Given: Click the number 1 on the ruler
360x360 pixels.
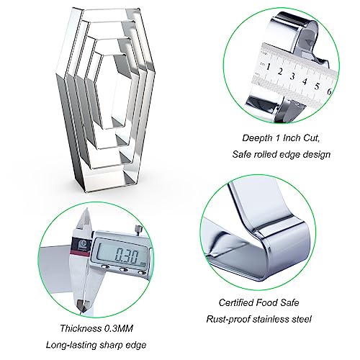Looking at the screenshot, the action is pyautogui.click(x=269, y=66).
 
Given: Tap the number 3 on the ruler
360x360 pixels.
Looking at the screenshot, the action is pyautogui.click(x=292, y=76).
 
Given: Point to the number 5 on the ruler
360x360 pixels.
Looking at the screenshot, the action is pyautogui.click(x=317, y=86).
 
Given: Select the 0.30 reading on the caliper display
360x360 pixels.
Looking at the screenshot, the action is pyautogui.click(x=127, y=256).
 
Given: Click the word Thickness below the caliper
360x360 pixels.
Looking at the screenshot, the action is pyautogui.click(x=81, y=328).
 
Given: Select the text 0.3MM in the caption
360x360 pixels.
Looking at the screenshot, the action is pyautogui.click(x=118, y=328).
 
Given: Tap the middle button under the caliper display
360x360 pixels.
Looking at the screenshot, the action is pyautogui.click(x=124, y=269).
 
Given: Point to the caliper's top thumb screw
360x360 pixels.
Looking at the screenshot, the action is pyautogui.click(x=138, y=228).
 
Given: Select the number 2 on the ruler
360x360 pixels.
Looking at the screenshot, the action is pyautogui.click(x=280, y=71).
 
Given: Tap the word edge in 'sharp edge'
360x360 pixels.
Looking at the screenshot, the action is pyautogui.click(x=137, y=346).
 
